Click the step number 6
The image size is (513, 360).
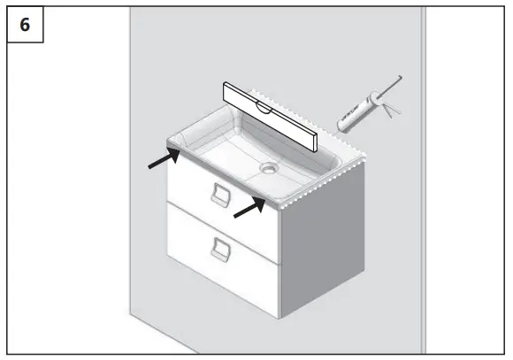pos(25,24)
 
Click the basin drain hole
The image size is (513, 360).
pos(269,165)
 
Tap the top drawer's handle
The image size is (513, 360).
pos(218,195)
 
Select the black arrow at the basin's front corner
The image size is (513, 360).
pos(249,207)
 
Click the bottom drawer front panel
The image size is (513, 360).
pos(221,252)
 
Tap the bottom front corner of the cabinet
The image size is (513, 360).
pos(279,318)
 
